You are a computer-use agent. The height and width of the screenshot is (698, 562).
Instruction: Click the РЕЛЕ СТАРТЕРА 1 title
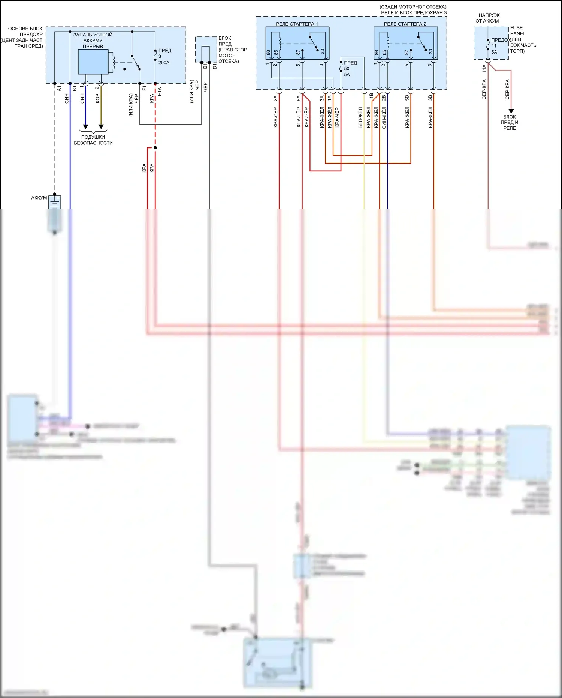297,24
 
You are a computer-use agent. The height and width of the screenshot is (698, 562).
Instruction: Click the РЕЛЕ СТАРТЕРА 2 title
405,24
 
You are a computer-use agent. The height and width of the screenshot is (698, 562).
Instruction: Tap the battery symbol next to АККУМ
55,203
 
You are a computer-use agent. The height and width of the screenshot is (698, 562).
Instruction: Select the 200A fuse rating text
164,63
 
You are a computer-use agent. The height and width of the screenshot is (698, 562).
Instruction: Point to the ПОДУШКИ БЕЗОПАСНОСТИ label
93,140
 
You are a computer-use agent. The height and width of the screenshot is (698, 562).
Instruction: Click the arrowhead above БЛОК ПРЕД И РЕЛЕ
511,111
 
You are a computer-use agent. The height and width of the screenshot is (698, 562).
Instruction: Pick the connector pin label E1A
160,92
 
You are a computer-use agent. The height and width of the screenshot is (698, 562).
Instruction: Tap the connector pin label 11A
484,68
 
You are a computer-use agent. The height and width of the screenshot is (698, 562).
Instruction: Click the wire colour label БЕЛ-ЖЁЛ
360,117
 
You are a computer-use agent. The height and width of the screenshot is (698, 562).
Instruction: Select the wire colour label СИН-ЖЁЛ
384,117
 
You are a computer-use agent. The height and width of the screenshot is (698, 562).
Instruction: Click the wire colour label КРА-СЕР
275,117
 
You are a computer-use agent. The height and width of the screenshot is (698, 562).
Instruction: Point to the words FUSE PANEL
517,30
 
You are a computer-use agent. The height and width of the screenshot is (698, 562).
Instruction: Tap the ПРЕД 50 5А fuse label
350,69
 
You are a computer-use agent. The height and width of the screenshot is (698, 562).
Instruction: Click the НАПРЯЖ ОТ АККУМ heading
488,18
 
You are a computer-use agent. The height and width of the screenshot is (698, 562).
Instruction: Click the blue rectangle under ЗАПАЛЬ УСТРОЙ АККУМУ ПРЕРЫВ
93,62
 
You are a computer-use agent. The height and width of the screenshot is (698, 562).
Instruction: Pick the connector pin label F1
144,89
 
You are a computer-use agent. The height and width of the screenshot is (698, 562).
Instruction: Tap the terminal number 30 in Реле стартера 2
430,51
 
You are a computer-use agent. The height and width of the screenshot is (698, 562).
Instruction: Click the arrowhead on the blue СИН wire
85,127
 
